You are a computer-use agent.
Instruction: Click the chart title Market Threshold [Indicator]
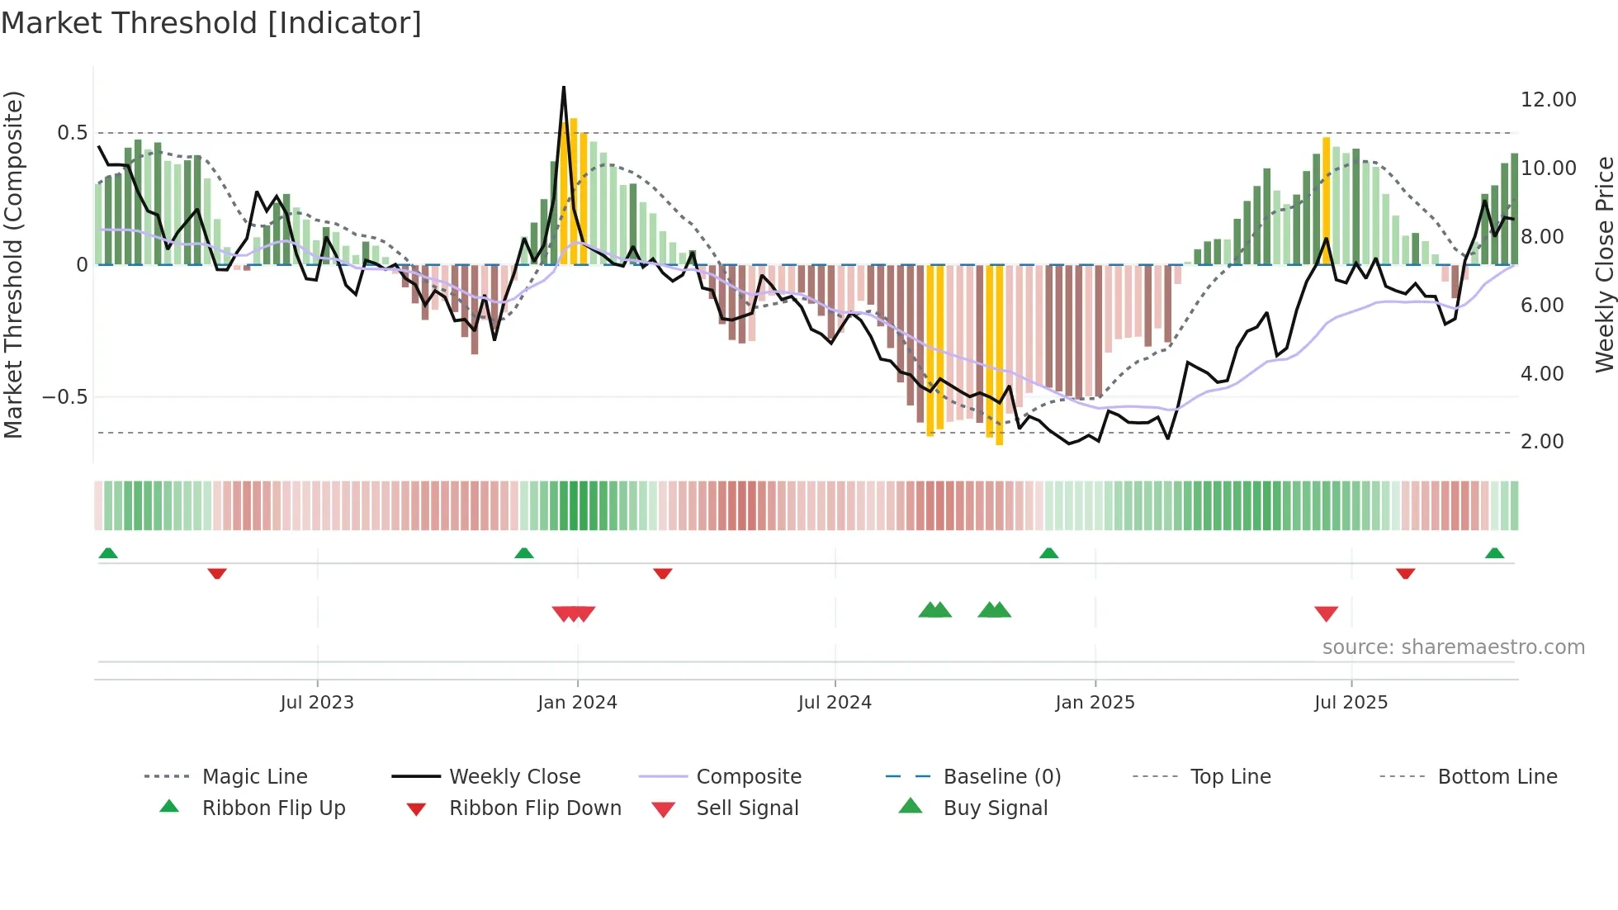coord(211,23)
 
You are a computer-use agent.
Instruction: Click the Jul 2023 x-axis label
coord(317,703)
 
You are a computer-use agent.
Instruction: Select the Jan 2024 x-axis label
coord(577,703)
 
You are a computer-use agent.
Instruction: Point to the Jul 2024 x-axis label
coord(835,703)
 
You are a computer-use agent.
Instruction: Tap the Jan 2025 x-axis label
coord(1095,703)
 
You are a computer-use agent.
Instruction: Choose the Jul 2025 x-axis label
coord(1351,703)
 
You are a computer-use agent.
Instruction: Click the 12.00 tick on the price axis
coord(1548,100)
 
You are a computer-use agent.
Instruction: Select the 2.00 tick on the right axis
coord(1542,442)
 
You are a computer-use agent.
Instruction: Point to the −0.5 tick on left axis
coord(65,397)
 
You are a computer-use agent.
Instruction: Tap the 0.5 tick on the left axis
coord(72,133)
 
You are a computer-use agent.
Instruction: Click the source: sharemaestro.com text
coord(1453,647)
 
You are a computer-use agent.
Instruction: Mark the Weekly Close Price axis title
coord(1604,264)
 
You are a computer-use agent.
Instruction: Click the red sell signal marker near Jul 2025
coord(1326,614)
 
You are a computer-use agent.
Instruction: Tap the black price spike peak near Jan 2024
coord(564,88)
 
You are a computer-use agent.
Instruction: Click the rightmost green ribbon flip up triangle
coord(1494,553)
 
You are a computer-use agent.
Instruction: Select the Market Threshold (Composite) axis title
coord(13,264)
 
